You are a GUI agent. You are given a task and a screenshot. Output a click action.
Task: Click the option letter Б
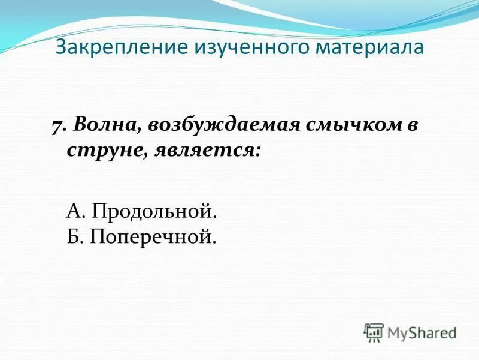tap(73, 236)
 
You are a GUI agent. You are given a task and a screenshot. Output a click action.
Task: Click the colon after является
tap(258, 151)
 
